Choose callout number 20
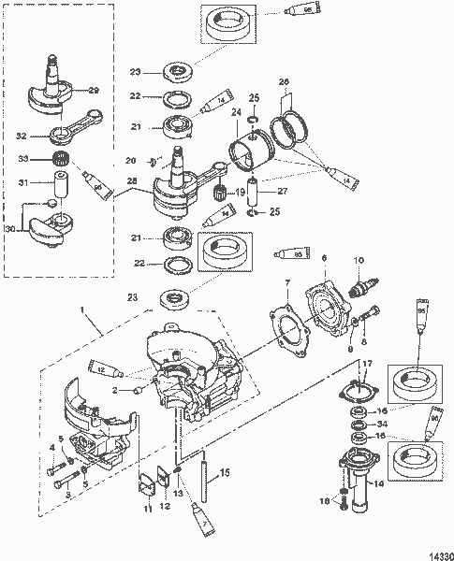131,160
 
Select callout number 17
367,364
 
